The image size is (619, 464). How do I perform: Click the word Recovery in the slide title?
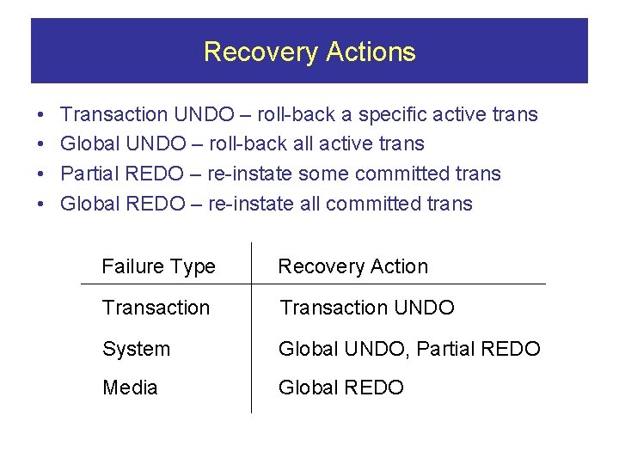(x=256, y=52)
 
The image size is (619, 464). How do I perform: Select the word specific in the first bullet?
(x=392, y=114)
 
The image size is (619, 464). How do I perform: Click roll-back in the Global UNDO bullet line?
(x=245, y=143)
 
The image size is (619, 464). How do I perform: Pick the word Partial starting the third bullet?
(x=89, y=174)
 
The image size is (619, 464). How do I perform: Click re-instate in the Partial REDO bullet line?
(x=250, y=174)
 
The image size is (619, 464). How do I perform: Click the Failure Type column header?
(x=158, y=266)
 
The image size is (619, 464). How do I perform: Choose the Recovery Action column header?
(x=352, y=266)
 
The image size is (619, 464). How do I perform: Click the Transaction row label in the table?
(x=156, y=308)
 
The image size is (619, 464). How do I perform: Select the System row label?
(x=136, y=349)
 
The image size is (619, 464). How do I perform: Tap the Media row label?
(x=130, y=388)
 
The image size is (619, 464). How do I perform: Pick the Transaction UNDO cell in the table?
(x=366, y=308)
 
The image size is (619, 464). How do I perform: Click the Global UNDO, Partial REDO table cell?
(x=409, y=349)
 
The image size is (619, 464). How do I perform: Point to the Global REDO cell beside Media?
(x=340, y=388)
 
